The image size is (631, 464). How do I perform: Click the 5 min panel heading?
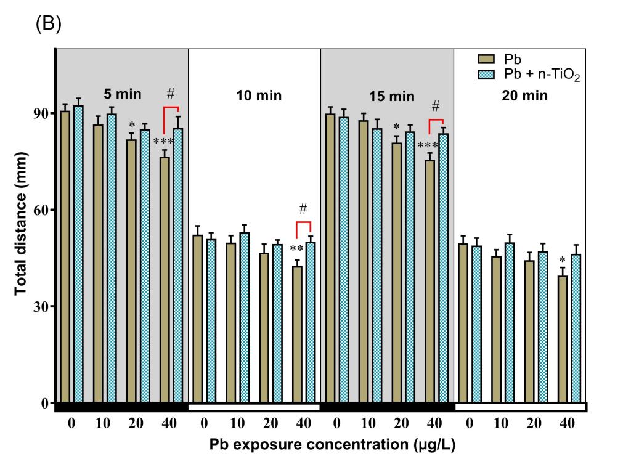coord(122,95)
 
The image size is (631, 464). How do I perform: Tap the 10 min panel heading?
coord(254,96)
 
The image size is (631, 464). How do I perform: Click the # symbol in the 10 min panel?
coord(304,208)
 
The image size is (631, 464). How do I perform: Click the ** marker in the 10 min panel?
coord(296,249)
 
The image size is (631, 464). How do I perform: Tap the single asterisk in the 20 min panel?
coord(562,259)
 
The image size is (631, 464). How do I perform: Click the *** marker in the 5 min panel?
coord(164,143)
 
